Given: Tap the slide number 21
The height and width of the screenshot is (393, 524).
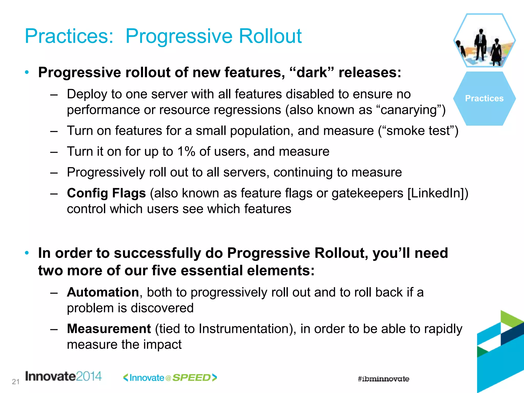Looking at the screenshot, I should [x=16, y=382].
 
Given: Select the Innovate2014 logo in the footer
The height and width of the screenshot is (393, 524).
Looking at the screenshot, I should [x=63, y=376].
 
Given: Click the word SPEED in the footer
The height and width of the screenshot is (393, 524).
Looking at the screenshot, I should [x=191, y=378].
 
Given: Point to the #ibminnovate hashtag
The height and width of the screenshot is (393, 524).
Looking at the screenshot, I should [x=383, y=379].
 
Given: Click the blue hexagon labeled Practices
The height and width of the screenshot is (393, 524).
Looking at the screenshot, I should [x=484, y=99].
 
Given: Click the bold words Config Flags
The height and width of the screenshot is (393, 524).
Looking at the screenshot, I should [x=106, y=193].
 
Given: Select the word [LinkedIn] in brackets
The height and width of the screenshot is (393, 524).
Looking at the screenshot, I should [x=438, y=193].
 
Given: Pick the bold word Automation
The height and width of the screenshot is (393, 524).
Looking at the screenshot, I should [x=103, y=292].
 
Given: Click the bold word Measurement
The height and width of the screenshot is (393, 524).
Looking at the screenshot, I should [x=109, y=329].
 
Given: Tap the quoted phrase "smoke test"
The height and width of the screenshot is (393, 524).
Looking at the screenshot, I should [x=418, y=131].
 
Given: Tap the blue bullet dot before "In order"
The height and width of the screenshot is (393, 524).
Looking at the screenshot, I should [x=27, y=253].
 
